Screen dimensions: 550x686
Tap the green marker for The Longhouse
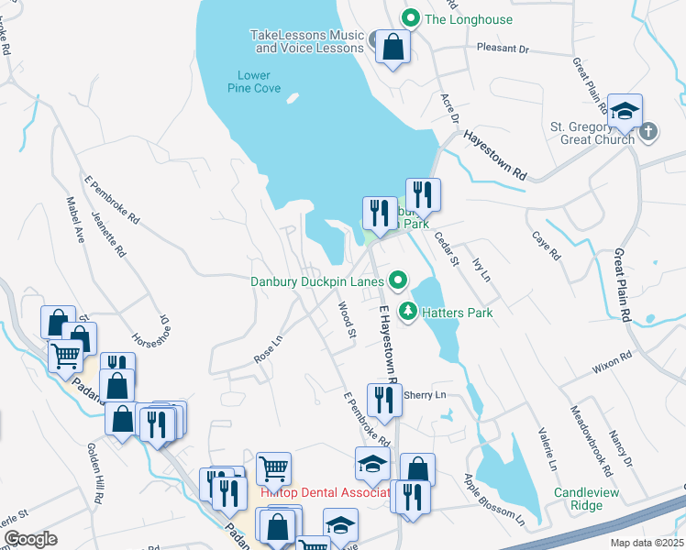(412, 18)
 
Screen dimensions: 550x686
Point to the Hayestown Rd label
(495, 153)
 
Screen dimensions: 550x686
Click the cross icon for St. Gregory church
(649, 130)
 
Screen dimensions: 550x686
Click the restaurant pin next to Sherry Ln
(382, 400)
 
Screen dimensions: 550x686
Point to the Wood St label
(346, 320)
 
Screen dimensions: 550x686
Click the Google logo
(30, 539)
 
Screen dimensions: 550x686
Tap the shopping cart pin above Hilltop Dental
(273, 467)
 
